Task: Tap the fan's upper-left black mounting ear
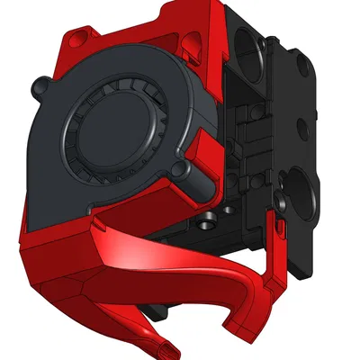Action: (40, 88)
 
